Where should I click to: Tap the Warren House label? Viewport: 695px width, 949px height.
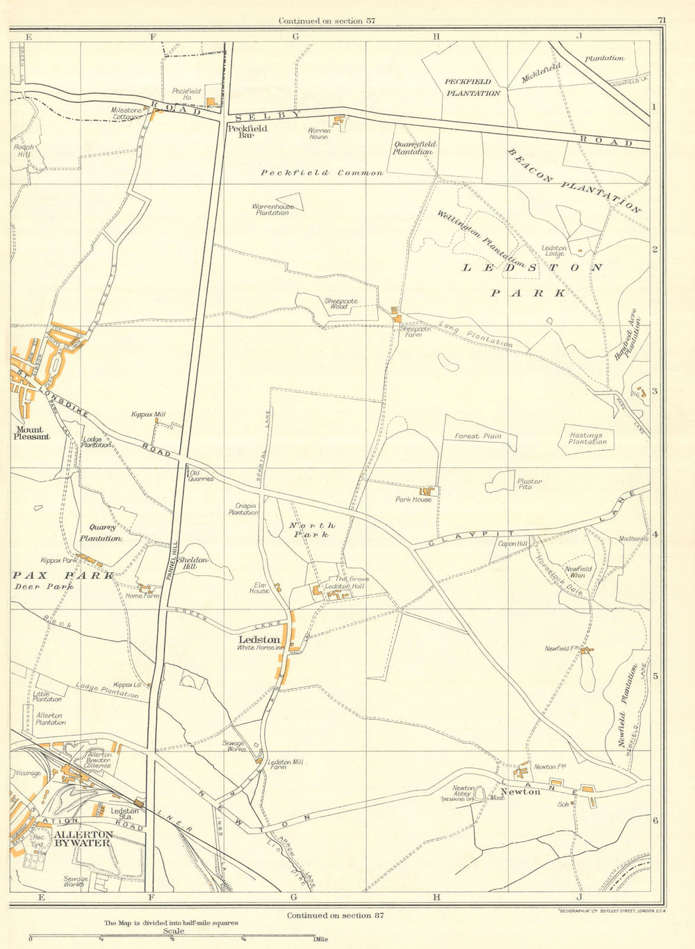click(x=319, y=134)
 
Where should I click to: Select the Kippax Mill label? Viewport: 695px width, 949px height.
click(x=148, y=415)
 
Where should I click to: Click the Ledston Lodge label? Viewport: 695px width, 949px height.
click(x=554, y=250)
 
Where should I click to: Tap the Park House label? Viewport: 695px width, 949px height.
click(x=414, y=500)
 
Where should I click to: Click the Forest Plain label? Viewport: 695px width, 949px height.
click(x=477, y=436)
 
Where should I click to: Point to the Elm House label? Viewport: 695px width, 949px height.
click(x=259, y=588)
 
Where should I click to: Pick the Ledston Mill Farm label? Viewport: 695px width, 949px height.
click(x=286, y=764)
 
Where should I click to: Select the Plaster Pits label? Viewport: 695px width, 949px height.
click(x=525, y=484)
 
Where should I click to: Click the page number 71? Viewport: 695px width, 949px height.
click(x=661, y=20)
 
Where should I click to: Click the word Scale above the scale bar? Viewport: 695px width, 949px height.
click(x=174, y=931)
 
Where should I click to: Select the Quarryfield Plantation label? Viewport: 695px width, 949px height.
click(x=414, y=148)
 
